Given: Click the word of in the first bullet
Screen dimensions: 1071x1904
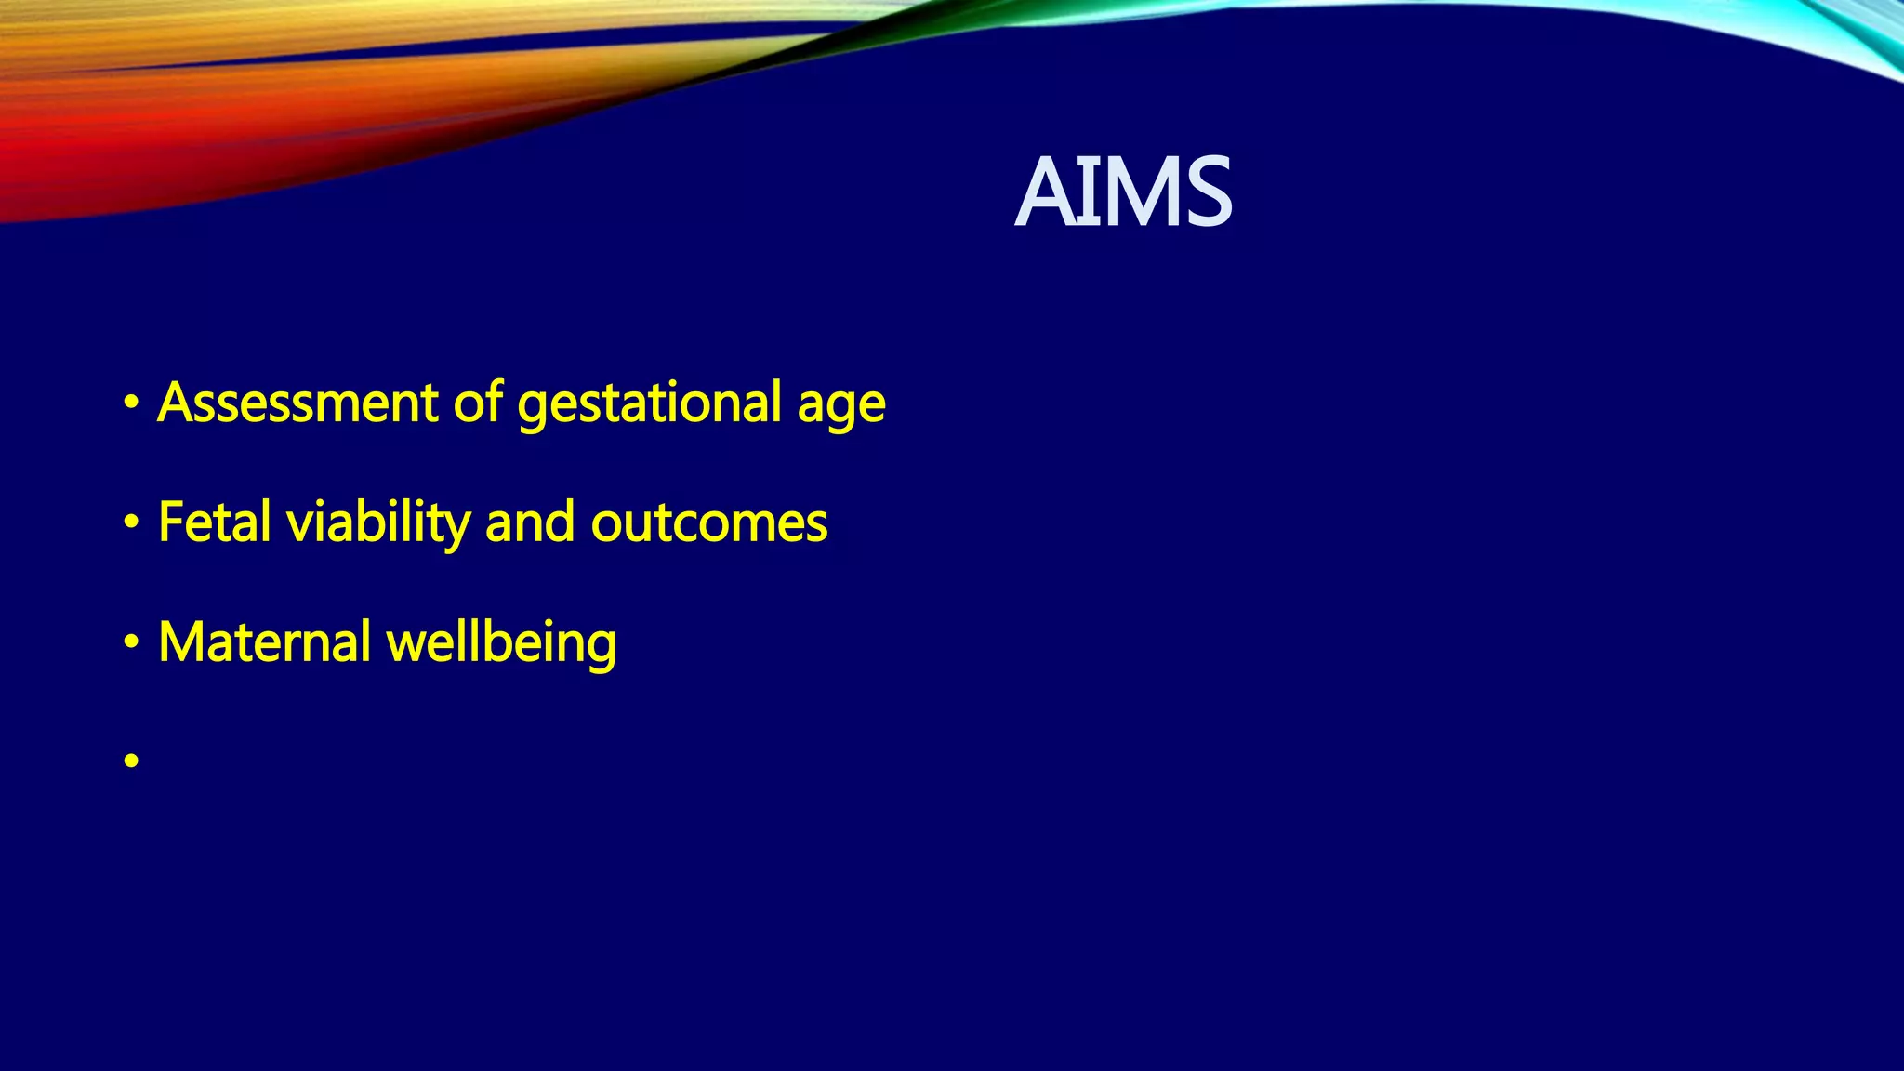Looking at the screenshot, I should pyautogui.click(x=479, y=403).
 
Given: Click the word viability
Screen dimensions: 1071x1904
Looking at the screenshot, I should pyautogui.click(x=378, y=523).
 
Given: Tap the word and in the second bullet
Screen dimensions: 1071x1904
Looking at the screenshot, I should pyautogui.click(x=530, y=522).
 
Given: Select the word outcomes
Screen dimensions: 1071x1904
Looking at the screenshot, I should pyautogui.click(x=709, y=523).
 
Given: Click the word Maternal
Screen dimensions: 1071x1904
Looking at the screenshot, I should pyautogui.click(x=265, y=641).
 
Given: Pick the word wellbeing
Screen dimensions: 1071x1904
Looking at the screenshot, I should pyautogui.click(x=501, y=643).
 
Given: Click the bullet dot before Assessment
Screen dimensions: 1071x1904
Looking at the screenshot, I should pyautogui.click(x=131, y=403).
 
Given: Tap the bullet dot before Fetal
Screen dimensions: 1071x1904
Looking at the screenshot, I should pyautogui.click(x=131, y=523).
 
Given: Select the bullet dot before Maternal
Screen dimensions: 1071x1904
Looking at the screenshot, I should pyautogui.click(x=131, y=642).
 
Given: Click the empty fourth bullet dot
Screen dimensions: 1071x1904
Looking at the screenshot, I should pyautogui.click(x=131, y=761).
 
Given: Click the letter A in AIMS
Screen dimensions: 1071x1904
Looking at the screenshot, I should pyautogui.click(x=1043, y=192).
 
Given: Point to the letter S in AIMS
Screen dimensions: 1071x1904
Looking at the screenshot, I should pyautogui.click(x=1207, y=192).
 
